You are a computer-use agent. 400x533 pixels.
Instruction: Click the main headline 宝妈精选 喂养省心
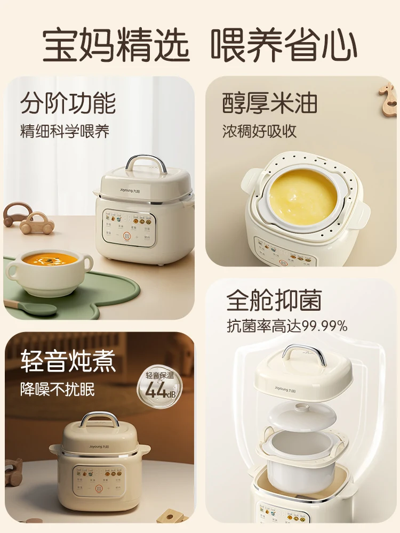[200, 45]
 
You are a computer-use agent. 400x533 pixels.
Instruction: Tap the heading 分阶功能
[68, 103]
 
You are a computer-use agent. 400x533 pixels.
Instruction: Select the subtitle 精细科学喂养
[65, 132]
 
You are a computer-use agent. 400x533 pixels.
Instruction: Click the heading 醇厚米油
[270, 103]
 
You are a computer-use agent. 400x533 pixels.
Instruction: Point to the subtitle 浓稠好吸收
[259, 132]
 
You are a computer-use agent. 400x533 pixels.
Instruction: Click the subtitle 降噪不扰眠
[58, 389]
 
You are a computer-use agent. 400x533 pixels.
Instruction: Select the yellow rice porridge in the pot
[303, 190]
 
